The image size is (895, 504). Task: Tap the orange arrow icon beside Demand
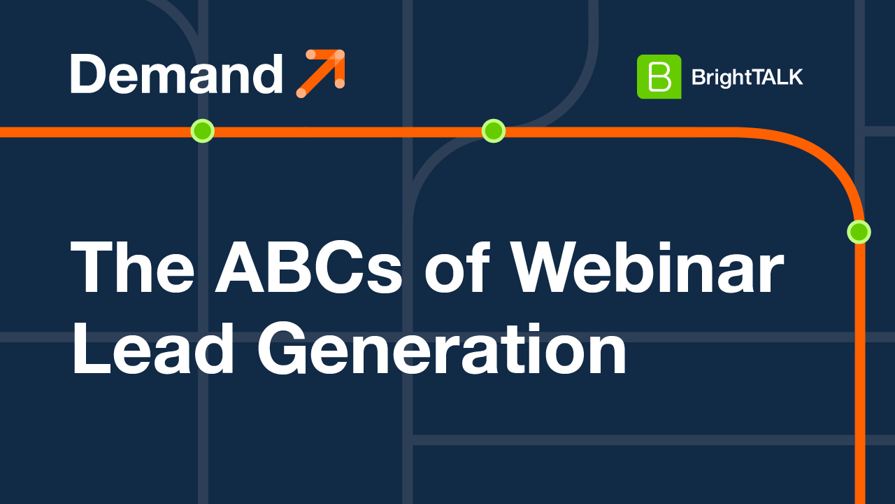[x=321, y=73]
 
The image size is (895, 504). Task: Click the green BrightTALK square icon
[x=659, y=76]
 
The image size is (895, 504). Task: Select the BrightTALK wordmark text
[x=747, y=77]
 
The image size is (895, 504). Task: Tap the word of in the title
[x=459, y=269]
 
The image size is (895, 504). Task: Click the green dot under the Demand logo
[x=202, y=131]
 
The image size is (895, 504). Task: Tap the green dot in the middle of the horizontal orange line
[x=494, y=131]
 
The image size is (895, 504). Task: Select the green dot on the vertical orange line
[x=859, y=231]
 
